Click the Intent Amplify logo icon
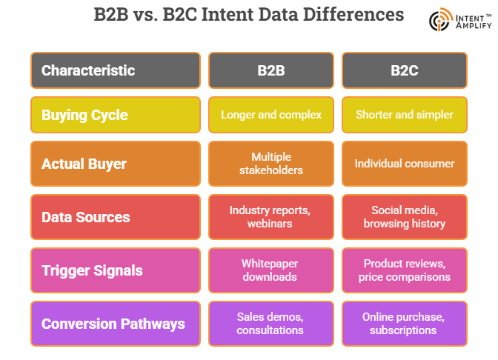(x=440, y=20)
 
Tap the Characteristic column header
(x=115, y=70)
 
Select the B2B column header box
(x=270, y=70)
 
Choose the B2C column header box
(x=404, y=70)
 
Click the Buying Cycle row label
(x=115, y=115)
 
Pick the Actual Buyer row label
(x=115, y=163)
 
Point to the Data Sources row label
(x=115, y=217)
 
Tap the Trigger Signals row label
(x=115, y=270)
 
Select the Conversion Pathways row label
(x=115, y=324)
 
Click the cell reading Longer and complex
(x=270, y=115)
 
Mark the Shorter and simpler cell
(x=404, y=115)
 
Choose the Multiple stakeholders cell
(x=270, y=163)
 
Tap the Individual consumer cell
(x=404, y=163)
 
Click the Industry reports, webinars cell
(x=270, y=217)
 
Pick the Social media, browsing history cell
(x=404, y=217)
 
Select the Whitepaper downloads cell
(x=270, y=270)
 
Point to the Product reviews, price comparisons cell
(x=404, y=270)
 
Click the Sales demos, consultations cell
(x=270, y=324)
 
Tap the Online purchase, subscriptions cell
(x=404, y=324)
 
